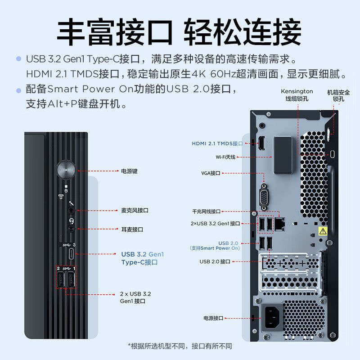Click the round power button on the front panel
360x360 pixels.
66,171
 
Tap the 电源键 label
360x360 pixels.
129,171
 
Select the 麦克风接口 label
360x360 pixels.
135,210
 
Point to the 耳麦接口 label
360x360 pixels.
132,229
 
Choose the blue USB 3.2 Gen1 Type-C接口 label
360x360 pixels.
143,258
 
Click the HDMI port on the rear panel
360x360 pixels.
261,144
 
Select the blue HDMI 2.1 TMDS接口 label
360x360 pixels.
217,144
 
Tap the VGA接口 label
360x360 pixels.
211,173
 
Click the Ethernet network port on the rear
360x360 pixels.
280,222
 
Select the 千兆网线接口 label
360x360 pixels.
207,211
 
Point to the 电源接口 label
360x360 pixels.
213,318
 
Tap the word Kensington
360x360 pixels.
297,91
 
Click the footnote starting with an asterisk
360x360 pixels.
180,346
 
